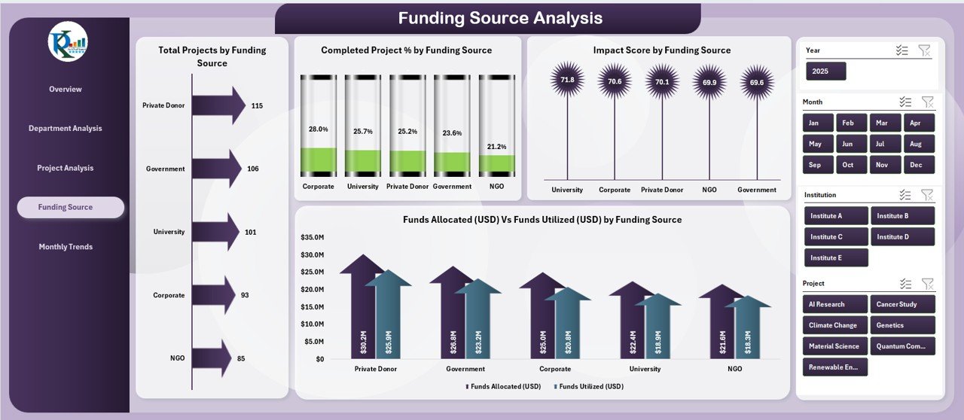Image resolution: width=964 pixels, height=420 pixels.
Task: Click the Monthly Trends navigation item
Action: pyautogui.click(x=66, y=247)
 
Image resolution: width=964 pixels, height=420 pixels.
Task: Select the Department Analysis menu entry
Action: pyautogui.click(x=66, y=129)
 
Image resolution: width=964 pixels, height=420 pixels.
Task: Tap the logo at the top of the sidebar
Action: pyautogui.click(x=68, y=42)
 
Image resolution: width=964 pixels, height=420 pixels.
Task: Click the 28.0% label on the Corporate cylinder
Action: pyautogui.click(x=318, y=129)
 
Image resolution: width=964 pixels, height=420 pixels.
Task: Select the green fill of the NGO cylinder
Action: pyautogui.click(x=496, y=163)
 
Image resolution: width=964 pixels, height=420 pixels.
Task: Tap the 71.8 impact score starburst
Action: pyautogui.click(x=567, y=80)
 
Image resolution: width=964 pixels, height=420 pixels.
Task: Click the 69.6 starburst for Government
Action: pyautogui.click(x=757, y=82)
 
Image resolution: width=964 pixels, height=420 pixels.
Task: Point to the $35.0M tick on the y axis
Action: pyautogui.click(x=312, y=237)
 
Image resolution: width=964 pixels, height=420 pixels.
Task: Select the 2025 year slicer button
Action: pyautogui.click(x=825, y=72)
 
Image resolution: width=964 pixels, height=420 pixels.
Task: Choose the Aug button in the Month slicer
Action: pyautogui.click(x=915, y=144)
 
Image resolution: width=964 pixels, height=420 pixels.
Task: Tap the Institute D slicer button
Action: pyautogui.click(x=902, y=237)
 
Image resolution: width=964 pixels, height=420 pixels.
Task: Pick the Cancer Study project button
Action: pyautogui.click(x=902, y=305)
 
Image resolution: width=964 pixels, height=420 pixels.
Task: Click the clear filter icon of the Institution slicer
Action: pyautogui.click(x=927, y=195)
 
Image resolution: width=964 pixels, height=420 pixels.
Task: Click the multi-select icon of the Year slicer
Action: pyautogui.click(x=901, y=50)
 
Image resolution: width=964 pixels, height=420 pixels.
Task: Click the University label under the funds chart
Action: pyautogui.click(x=645, y=369)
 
